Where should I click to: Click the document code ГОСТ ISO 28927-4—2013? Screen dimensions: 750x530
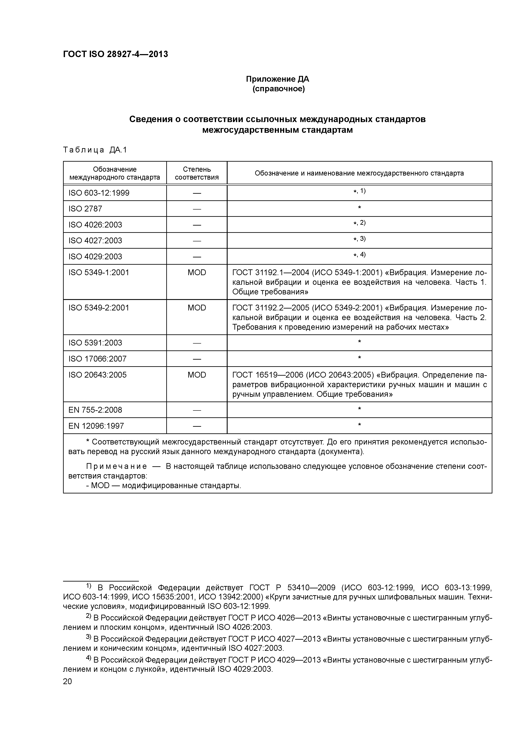pos(115,54)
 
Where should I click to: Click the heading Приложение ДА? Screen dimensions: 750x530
pos(277,79)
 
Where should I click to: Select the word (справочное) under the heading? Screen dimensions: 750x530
pos(278,89)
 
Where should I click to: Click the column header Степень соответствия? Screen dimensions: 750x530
pos(197,173)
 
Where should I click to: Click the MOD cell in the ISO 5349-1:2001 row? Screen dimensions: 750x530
pos(197,272)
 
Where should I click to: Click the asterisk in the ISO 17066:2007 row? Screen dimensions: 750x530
pos(359,358)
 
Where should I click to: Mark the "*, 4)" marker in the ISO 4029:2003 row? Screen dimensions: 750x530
pos(359,255)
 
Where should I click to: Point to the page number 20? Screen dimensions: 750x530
pos(67,681)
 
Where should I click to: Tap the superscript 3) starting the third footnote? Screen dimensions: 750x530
pos(88,637)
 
